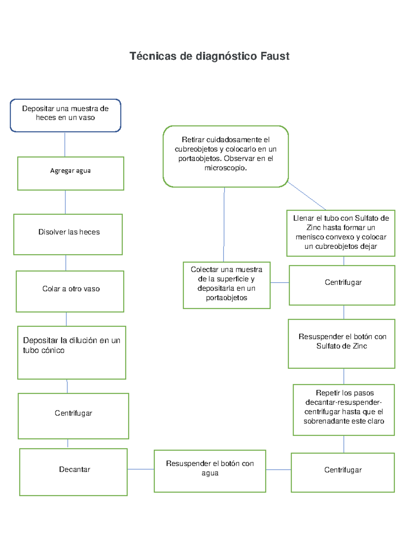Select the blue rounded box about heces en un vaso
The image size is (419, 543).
[65, 115]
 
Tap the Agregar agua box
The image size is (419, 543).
[71, 173]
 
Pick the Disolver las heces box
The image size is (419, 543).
[68, 234]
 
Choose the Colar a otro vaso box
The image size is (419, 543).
[70, 291]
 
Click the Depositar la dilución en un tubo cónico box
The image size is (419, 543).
[72, 352]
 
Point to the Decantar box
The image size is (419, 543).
[73, 472]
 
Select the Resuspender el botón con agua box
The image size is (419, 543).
[210, 471]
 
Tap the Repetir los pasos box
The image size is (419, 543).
[344, 410]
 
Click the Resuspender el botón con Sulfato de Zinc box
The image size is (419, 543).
[341, 344]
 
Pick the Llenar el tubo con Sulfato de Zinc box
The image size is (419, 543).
[341, 233]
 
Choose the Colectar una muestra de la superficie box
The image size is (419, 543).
[227, 285]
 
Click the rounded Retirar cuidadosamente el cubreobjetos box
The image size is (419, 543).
[226, 156]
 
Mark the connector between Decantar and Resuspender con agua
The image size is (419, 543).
[141, 469]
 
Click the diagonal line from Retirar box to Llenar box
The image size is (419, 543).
[307, 196]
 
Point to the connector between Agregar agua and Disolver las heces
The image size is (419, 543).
[65, 202]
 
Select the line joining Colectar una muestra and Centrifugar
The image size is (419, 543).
[280, 283]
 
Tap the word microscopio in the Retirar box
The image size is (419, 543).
[225, 168]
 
